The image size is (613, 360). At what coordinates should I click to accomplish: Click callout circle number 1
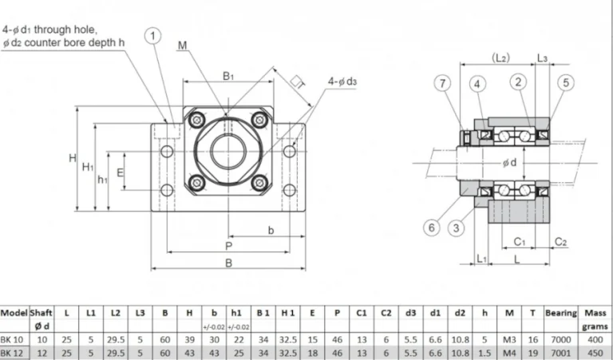[153, 35]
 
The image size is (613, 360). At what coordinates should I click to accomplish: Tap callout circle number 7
[442, 82]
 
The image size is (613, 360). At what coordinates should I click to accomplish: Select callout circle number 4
[477, 82]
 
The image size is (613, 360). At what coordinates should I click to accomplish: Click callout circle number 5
[565, 82]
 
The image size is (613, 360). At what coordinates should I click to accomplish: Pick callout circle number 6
[432, 227]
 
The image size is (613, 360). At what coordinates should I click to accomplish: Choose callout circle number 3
[456, 227]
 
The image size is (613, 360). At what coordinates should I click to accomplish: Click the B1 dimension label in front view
[228, 76]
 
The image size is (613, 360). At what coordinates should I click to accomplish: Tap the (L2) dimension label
[501, 58]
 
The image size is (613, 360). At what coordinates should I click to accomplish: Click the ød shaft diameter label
[509, 164]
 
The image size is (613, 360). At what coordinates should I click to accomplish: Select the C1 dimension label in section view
[519, 240]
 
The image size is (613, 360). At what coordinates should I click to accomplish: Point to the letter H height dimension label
[72, 158]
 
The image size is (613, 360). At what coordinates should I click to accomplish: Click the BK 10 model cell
[14, 338]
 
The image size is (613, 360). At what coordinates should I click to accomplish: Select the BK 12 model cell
[14, 352]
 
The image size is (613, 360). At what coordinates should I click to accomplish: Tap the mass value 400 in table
[595, 338]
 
